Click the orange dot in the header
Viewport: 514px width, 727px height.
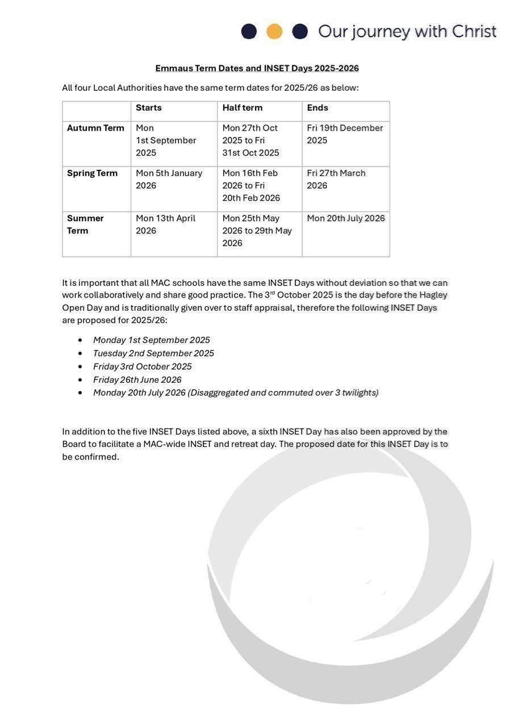click(274, 31)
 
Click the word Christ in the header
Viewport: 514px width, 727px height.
click(474, 31)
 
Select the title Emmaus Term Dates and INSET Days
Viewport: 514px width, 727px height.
click(257, 68)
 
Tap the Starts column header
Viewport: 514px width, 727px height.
click(149, 108)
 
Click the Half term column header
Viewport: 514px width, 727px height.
click(242, 108)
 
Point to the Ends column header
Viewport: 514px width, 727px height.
click(317, 108)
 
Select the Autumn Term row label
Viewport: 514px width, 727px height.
click(95, 128)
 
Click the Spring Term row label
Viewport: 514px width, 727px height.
click(92, 173)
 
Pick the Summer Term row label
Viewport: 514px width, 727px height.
click(85, 224)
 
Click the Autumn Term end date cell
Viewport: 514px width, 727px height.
click(345, 134)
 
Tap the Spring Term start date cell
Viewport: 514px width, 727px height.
click(169, 179)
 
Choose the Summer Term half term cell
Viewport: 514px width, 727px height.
click(257, 231)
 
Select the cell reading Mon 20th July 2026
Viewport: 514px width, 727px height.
click(346, 219)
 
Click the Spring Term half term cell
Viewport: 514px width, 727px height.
click(251, 186)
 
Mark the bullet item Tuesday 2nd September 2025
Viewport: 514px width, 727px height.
click(153, 353)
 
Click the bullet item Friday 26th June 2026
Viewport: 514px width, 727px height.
click(137, 380)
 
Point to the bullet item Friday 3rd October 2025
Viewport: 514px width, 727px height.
click(143, 367)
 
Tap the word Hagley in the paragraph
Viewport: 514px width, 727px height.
click(433, 295)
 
